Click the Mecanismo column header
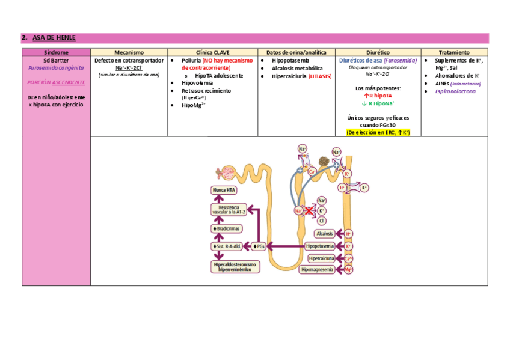click(x=129, y=53)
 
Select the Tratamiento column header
click(x=454, y=53)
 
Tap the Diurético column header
click(x=378, y=53)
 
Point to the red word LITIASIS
click(x=320, y=76)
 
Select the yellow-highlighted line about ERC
click(x=378, y=132)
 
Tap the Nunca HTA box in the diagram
click(x=224, y=190)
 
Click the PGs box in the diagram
click(x=259, y=246)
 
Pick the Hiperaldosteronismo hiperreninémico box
click(x=234, y=266)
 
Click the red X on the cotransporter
click(x=309, y=210)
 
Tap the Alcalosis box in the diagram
click(x=324, y=233)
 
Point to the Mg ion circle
click(x=348, y=270)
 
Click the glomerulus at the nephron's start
click(x=228, y=173)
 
